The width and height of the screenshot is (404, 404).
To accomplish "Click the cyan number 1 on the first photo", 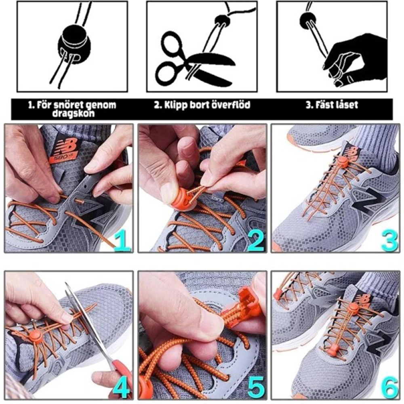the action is tap(122, 241).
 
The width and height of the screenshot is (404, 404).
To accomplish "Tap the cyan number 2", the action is tap(256, 241).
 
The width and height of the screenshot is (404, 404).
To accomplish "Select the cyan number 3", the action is tap(389, 241).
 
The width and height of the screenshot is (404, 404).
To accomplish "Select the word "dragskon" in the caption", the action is tap(74, 114).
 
